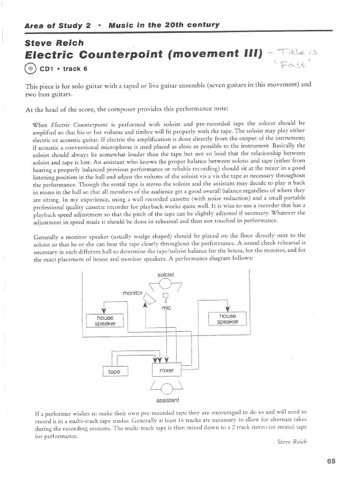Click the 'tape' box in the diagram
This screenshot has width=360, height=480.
tap(114, 371)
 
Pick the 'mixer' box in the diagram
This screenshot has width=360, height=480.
tap(166, 370)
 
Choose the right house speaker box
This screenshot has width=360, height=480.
tap(228, 319)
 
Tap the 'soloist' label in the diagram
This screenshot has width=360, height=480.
tap(166, 275)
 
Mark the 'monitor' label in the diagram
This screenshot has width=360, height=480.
tap(132, 293)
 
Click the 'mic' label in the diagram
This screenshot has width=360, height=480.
tap(166, 307)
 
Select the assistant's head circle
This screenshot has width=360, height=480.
tap(167, 387)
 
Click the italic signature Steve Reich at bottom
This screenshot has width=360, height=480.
tap(292, 442)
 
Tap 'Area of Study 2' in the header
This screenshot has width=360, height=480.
tap(55, 25)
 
